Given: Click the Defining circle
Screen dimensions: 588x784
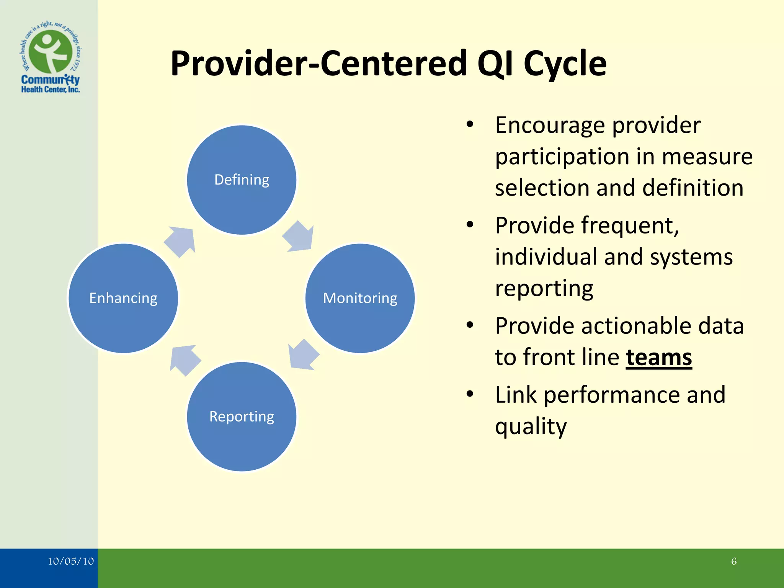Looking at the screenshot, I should click(x=242, y=180).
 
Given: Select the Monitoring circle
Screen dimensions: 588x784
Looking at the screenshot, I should click(x=360, y=298).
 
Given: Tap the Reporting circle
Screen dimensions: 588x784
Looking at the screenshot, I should click(x=242, y=416).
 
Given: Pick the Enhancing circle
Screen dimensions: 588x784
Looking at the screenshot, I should click(x=123, y=298).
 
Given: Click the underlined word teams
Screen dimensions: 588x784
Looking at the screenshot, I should click(x=659, y=358).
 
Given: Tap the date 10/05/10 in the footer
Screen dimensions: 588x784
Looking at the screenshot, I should click(x=70, y=561).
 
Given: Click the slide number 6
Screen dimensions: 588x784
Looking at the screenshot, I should click(x=733, y=561).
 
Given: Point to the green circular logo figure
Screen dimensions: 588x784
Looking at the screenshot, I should click(x=51, y=52).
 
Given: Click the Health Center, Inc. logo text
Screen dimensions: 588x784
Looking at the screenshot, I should click(x=51, y=90).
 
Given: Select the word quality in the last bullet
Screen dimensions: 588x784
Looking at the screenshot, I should click(x=531, y=426).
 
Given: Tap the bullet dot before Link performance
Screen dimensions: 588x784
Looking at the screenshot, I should click(x=470, y=394).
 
